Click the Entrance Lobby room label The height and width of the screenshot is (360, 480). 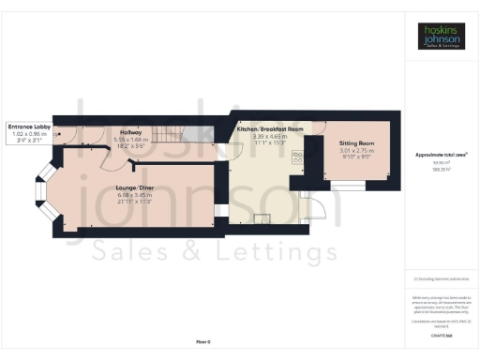[34, 125]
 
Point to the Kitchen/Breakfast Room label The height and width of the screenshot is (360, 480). [269, 127]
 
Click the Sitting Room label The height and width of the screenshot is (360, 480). [355, 143]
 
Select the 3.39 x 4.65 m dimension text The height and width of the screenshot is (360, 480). [269, 135]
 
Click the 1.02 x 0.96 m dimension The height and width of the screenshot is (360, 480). [34, 132]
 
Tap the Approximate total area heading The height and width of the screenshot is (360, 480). [441, 154]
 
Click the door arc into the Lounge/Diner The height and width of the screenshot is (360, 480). [111, 165]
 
